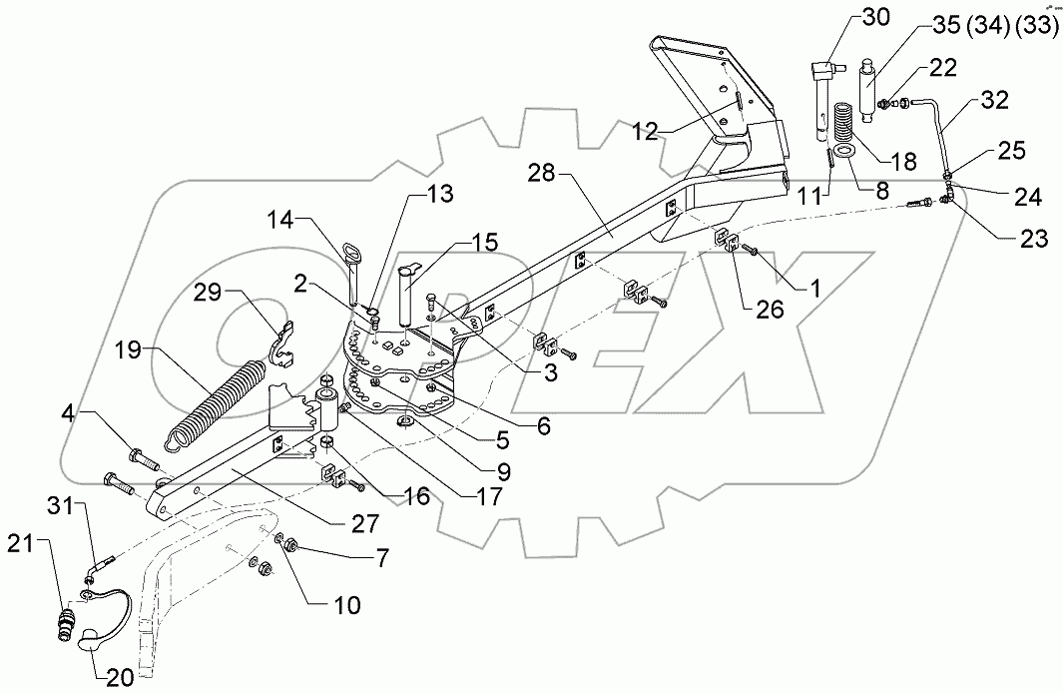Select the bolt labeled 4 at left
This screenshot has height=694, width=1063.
[142, 462]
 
